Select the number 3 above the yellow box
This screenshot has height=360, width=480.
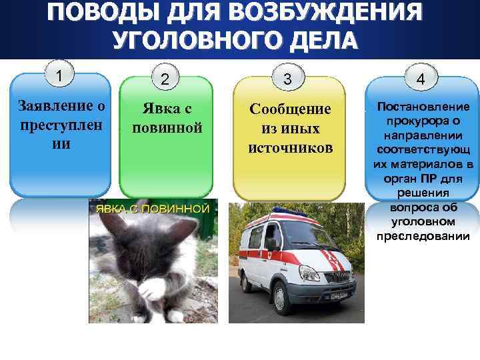tap(287, 79)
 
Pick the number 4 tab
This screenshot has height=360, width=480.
tap(421, 79)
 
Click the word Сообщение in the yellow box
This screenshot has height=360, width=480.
tap(290, 109)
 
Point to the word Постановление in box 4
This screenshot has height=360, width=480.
tap(423, 107)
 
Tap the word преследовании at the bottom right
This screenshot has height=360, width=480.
tap(423, 236)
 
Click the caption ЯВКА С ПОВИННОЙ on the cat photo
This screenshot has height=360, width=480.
tap(153, 209)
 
